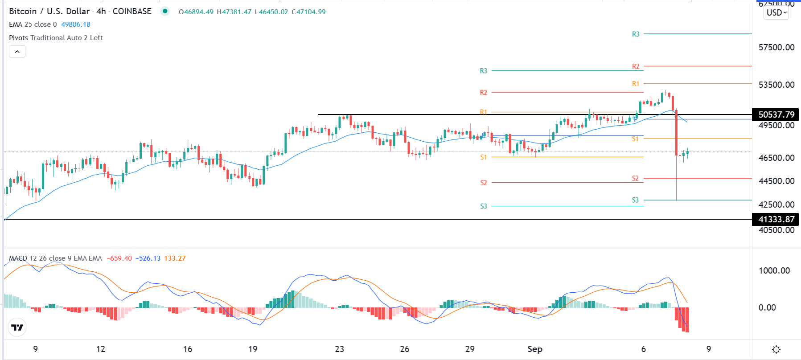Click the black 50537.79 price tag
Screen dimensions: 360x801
(776, 115)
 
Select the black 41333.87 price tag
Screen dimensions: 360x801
(776, 219)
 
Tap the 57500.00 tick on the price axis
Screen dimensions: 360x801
(776, 47)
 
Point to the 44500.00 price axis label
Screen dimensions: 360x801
(776, 181)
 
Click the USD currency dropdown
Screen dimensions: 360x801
(776, 12)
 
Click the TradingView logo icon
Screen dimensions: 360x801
(17, 328)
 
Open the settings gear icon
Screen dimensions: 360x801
(776, 349)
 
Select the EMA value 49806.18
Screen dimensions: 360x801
(76, 25)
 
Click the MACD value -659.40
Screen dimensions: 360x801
(119, 258)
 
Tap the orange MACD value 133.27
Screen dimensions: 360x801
(175, 258)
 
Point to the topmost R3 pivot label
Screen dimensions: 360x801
(636, 34)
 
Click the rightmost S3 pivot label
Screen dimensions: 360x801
(635, 200)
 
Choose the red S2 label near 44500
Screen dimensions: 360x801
(635, 178)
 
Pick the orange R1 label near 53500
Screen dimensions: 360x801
(636, 84)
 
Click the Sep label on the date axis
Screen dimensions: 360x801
(535, 349)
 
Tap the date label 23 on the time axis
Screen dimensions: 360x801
(339, 349)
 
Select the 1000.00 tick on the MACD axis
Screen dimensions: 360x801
(774, 270)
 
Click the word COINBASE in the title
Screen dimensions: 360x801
(132, 12)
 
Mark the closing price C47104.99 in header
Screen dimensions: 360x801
(308, 12)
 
